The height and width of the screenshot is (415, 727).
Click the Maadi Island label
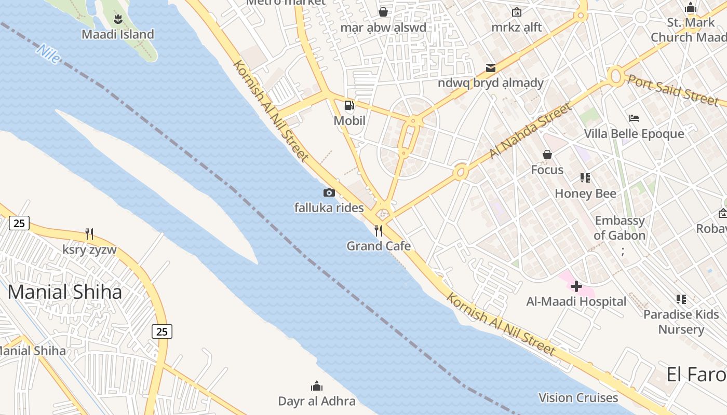click(x=118, y=35)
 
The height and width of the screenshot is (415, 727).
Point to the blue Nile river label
click(x=48, y=53)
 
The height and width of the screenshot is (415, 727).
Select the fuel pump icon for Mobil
click(x=349, y=106)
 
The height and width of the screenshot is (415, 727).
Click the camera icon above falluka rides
click(x=329, y=193)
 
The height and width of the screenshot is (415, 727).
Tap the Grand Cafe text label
click(x=379, y=246)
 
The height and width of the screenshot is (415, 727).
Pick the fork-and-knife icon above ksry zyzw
click(x=89, y=234)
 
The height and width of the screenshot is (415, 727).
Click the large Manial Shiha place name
click(x=65, y=292)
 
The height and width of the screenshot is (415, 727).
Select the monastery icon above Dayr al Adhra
click(x=316, y=386)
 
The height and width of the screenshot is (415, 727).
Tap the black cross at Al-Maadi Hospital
click(x=576, y=286)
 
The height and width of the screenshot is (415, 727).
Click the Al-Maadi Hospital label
click(x=576, y=301)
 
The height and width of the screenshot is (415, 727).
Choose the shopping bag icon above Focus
click(x=547, y=155)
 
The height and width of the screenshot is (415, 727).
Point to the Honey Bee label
click(x=586, y=193)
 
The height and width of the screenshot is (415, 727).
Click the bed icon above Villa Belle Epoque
click(x=634, y=118)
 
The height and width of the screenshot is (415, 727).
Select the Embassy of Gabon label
click(x=620, y=228)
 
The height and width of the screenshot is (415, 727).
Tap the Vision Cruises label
click(x=578, y=398)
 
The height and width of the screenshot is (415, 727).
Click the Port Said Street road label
click(x=673, y=89)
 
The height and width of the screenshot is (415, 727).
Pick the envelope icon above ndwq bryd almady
click(x=490, y=68)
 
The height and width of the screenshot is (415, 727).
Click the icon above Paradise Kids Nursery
click(x=681, y=299)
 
